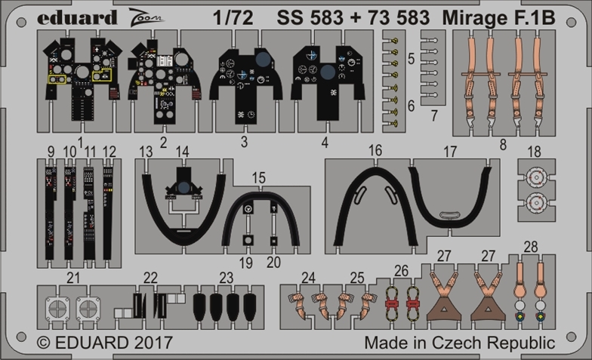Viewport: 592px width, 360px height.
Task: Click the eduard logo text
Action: point(77,18)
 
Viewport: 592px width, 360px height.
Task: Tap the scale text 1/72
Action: point(233,18)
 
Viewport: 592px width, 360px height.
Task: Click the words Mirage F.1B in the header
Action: point(498,18)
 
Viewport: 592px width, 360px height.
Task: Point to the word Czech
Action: point(458,343)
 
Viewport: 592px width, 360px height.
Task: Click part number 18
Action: point(535,152)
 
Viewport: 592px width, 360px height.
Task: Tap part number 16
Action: point(375,150)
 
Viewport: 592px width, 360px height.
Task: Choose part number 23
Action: point(227,278)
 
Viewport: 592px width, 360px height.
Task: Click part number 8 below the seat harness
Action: point(503,145)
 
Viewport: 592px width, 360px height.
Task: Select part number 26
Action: point(401,270)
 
